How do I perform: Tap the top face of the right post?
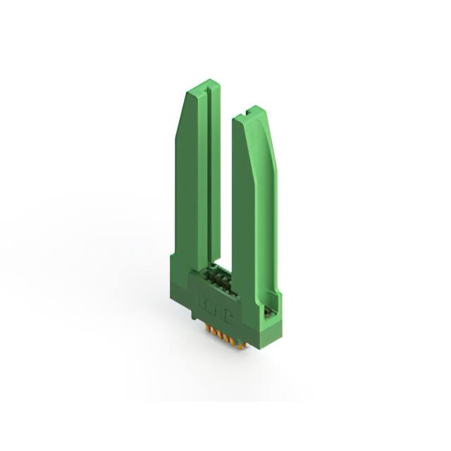coord(249,113)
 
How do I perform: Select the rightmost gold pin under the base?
coord(242,342)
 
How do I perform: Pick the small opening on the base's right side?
coord(268,309)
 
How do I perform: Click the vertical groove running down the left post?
coord(209,176)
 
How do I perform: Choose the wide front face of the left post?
coord(189,183)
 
